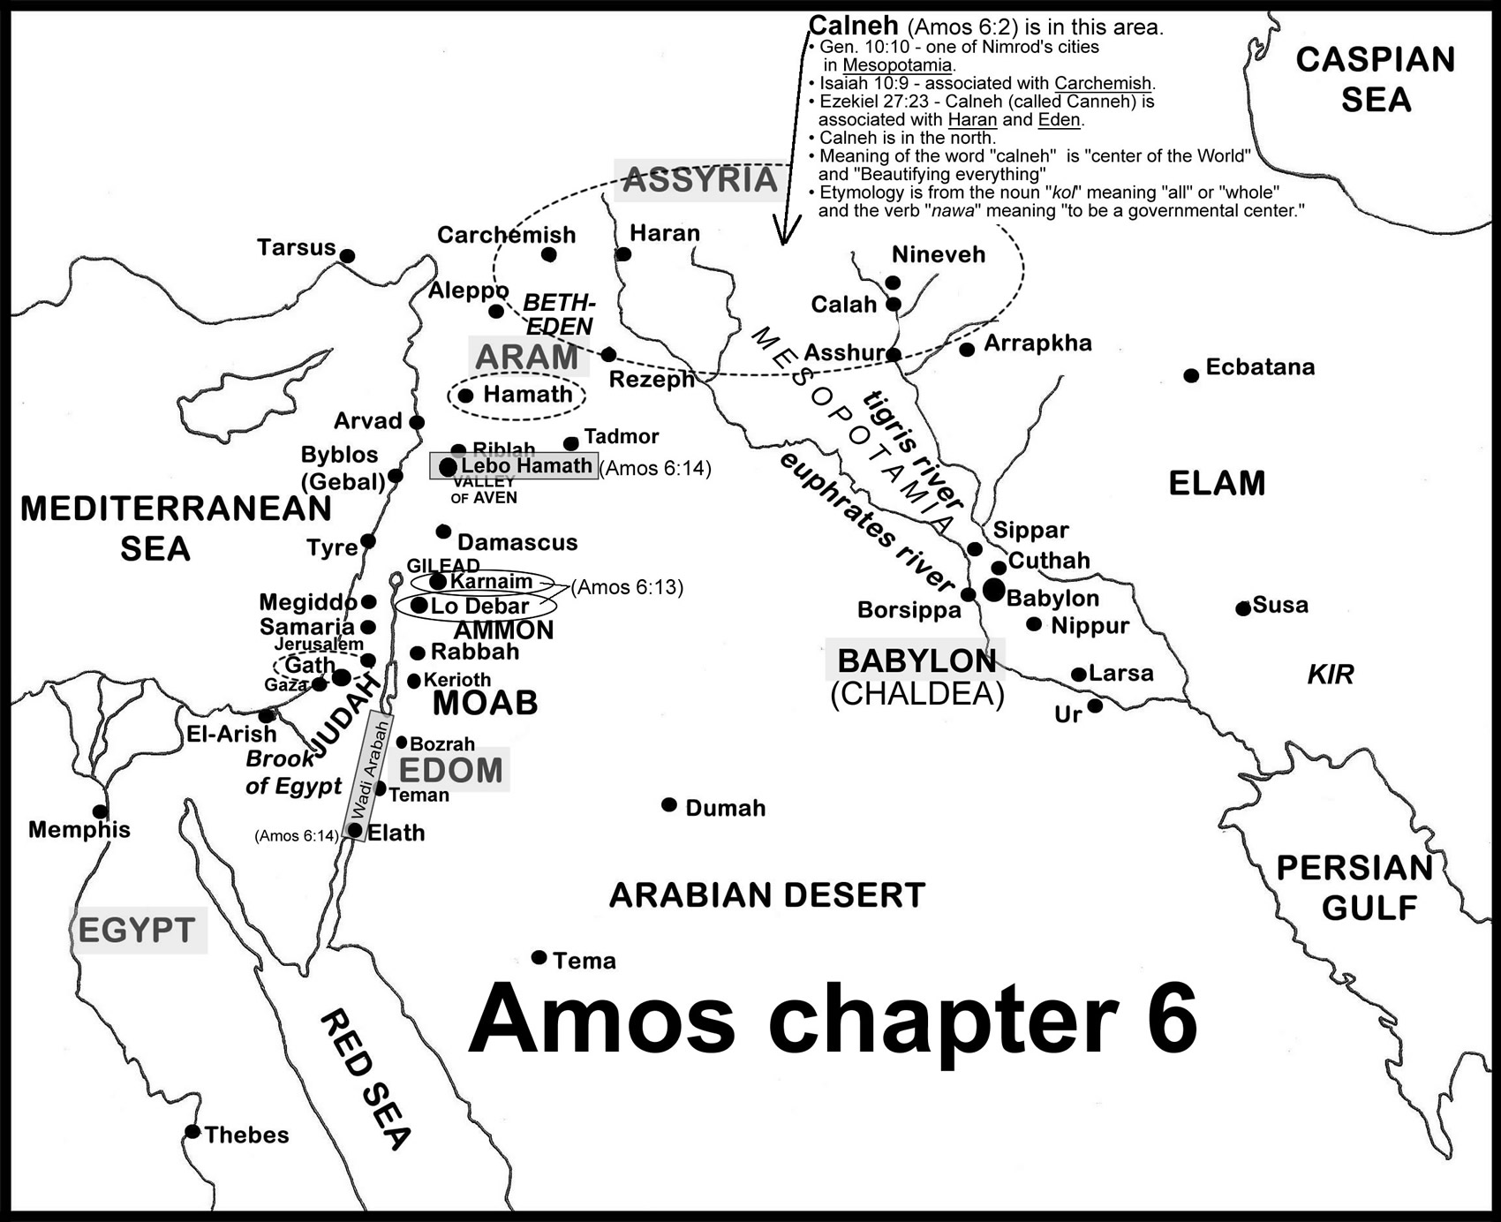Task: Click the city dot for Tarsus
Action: (x=348, y=256)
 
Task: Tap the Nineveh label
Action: (x=938, y=254)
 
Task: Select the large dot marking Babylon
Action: (x=994, y=591)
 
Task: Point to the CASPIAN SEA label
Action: (x=1376, y=79)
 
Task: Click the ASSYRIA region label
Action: (x=699, y=180)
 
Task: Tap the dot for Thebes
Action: (x=192, y=1132)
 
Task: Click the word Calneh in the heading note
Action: (x=854, y=26)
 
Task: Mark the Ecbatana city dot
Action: (x=1191, y=375)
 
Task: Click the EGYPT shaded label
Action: (x=137, y=931)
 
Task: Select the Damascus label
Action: (x=517, y=542)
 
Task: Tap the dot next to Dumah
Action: (x=669, y=805)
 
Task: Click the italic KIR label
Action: (x=1330, y=675)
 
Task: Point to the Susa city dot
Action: (x=1243, y=608)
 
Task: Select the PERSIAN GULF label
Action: (x=1354, y=887)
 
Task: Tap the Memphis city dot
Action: (x=100, y=811)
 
